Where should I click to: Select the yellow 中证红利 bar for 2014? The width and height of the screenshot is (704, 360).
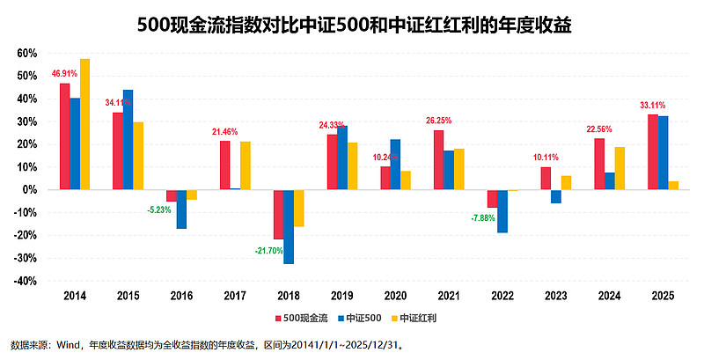(84, 124)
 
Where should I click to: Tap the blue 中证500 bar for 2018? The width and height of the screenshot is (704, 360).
(288, 226)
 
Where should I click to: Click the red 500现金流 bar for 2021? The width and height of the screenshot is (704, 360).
(438, 160)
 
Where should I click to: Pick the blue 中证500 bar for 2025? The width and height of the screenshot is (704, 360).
(662, 153)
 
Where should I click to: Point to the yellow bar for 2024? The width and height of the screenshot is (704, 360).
(619, 168)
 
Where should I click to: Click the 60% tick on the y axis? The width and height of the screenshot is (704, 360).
(26, 53)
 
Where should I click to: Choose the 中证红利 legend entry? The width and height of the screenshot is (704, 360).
(419, 318)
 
